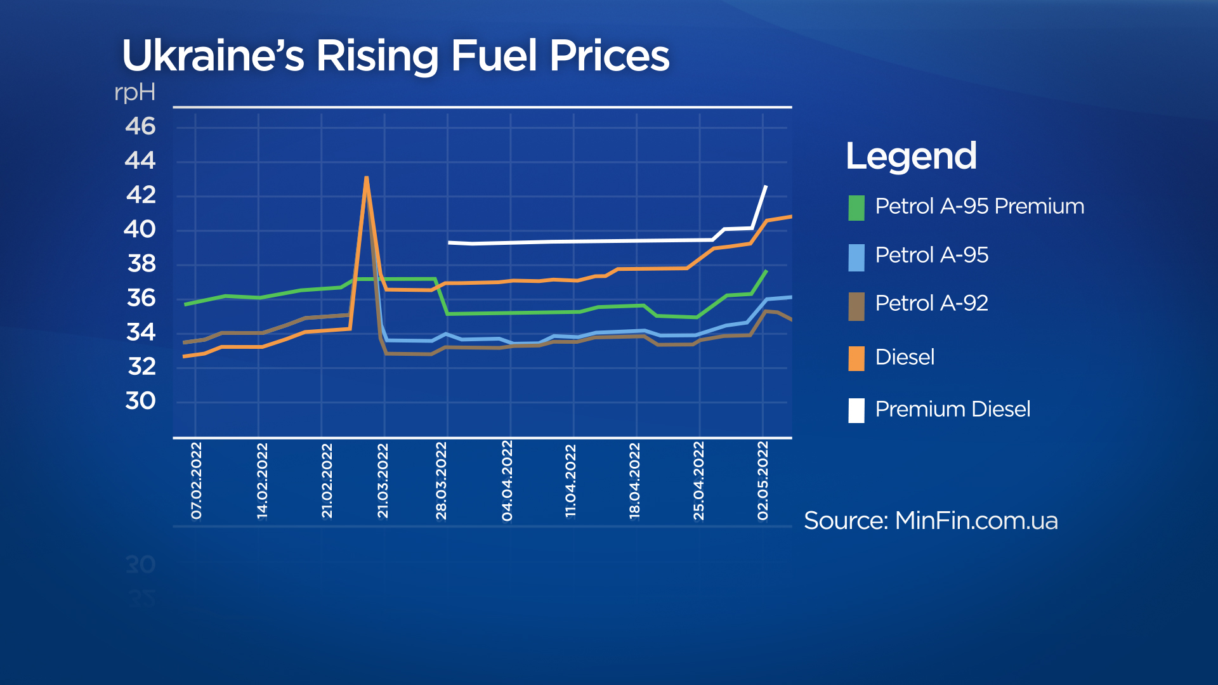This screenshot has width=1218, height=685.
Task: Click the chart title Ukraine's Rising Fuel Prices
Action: tap(395, 56)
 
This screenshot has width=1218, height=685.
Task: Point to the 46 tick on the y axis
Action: tap(140, 126)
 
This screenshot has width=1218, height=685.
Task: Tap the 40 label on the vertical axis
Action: tap(140, 229)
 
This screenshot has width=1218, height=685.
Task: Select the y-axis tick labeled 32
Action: tap(141, 367)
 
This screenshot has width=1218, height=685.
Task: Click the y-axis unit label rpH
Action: tap(134, 93)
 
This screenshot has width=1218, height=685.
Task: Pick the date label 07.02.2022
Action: tap(196, 481)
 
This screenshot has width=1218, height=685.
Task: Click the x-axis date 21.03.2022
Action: tap(383, 481)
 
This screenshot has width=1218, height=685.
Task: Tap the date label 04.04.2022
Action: tap(507, 481)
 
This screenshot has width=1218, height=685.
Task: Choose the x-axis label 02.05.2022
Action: tap(763, 481)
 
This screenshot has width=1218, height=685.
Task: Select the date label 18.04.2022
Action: tap(634, 481)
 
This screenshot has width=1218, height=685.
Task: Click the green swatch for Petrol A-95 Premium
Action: tap(856, 208)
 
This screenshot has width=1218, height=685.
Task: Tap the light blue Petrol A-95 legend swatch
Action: tap(856, 258)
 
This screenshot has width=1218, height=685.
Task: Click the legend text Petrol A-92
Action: tap(931, 303)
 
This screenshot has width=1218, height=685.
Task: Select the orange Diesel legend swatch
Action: tap(856, 358)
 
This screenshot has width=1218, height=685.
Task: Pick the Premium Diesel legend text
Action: tap(952, 409)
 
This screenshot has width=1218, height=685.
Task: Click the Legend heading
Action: tap(911, 156)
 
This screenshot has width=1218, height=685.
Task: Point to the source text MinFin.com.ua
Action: tap(931, 521)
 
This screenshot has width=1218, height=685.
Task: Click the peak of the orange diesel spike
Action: tap(367, 178)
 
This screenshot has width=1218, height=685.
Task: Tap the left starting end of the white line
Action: tap(449, 242)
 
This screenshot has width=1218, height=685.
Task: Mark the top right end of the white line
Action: tap(766, 186)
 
